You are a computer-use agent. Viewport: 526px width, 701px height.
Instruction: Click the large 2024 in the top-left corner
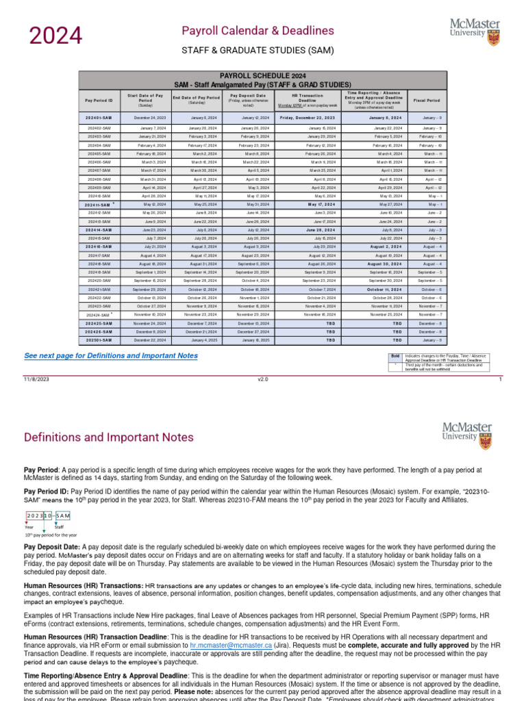pos(55,36)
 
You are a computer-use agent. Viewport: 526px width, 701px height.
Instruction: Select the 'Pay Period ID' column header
pos(99,100)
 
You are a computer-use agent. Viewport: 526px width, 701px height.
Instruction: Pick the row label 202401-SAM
pos(99,118)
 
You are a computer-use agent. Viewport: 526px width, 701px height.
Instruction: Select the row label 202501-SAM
pos(99,340)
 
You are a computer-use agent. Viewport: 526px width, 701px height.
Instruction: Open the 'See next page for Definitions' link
pos(111,356)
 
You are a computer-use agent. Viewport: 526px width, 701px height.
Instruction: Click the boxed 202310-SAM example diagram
pos(49,515)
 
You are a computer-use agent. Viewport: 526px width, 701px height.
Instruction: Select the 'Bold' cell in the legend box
pos(395,357)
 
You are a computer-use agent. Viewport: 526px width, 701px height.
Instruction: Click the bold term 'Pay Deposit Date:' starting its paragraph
pos(51,547)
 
